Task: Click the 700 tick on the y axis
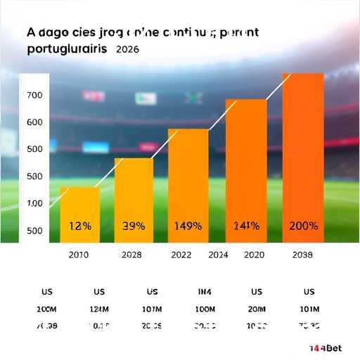coord(34,95)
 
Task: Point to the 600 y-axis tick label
coord(34,122)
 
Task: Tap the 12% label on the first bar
coord(79,226)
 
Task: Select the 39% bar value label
coord(134,226)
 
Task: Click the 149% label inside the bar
coord(188,226)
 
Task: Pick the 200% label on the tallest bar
coord(303,226)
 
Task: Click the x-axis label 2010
coord(78,255)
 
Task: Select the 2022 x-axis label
coord(181,255)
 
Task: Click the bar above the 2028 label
coord(134,200)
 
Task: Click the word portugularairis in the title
coord(67,51)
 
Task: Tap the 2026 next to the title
coord(127,51)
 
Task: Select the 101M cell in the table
coord(309,309)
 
